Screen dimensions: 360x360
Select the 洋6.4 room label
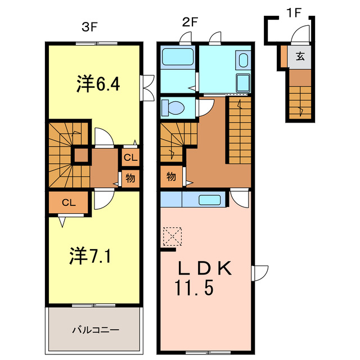pos(99,84)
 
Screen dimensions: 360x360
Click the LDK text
pos(205,269)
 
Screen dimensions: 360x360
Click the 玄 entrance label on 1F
pos(301,56)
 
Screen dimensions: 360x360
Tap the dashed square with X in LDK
pos(171,236)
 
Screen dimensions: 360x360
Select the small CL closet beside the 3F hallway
pos(129,157)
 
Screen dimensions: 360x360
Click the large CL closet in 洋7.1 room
pos(68,203)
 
